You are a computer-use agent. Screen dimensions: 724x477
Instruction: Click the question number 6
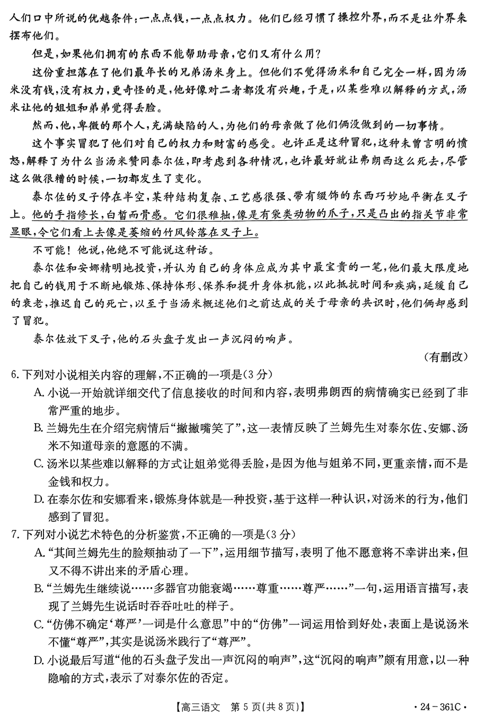point(14,374)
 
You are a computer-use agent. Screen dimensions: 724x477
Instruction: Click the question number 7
point(14,534)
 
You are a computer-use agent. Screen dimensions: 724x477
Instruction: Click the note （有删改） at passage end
point(446,356)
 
